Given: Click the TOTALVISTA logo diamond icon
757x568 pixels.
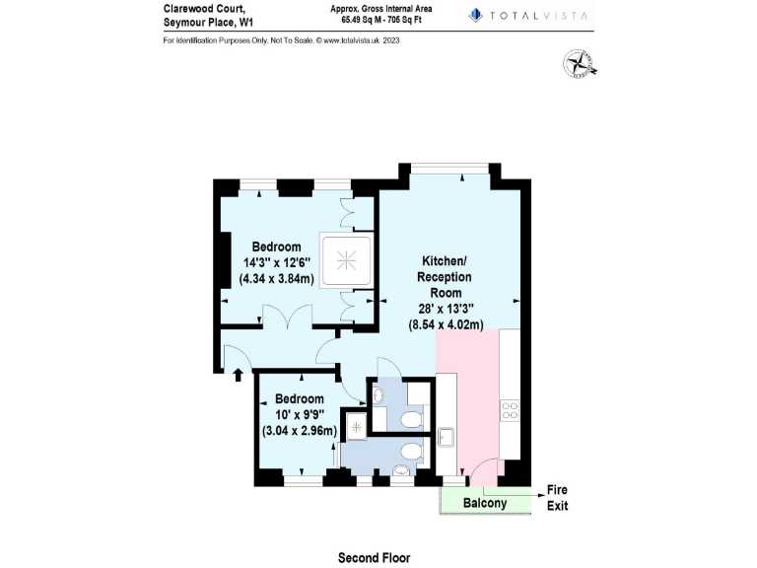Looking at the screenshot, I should click(x=475, y=15).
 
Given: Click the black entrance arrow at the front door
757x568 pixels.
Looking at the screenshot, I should click(x=237, y=373).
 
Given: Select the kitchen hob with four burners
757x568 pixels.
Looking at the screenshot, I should click(x=511, y=410).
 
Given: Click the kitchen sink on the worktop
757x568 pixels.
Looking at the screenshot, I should click(x=446, y=437).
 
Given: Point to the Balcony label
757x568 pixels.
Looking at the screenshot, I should click(x=485, y=503).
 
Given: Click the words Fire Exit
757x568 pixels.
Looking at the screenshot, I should click(x=557, y=498).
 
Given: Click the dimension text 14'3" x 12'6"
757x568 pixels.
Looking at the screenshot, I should click(x=276, y=262).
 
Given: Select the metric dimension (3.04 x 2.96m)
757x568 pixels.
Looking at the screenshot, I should click(x=300, y=430).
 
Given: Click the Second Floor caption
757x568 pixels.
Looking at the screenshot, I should click(x=374, y=557).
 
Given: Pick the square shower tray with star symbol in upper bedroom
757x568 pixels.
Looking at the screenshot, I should click(x=347, y=260).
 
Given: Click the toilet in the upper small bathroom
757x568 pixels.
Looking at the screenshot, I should click(x=412, y=420).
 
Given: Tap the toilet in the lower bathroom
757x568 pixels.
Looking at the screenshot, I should click(x=411, y=452).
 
